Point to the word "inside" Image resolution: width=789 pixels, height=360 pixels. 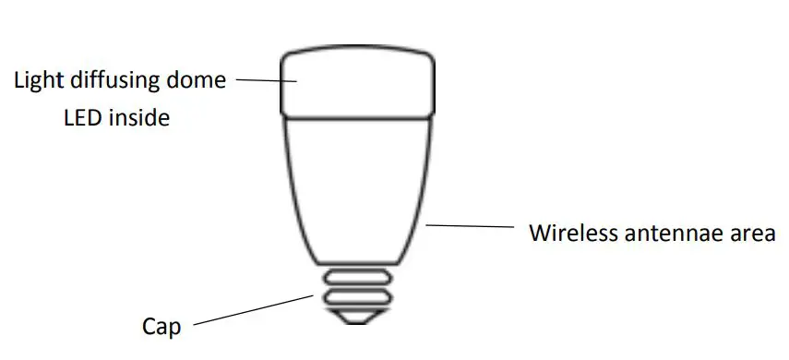(x=137, y=118)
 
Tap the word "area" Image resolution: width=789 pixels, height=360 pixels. (x=753, y=233)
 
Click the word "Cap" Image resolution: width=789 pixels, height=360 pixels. (x=162, y=328)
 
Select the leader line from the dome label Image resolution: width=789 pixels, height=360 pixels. (x=268, y=80)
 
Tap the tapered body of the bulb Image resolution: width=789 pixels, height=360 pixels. (x=358, y=185)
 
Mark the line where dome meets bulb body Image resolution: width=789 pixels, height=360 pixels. (x=358, y=118)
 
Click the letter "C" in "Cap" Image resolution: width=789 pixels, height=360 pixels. (x=150, y=328)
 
